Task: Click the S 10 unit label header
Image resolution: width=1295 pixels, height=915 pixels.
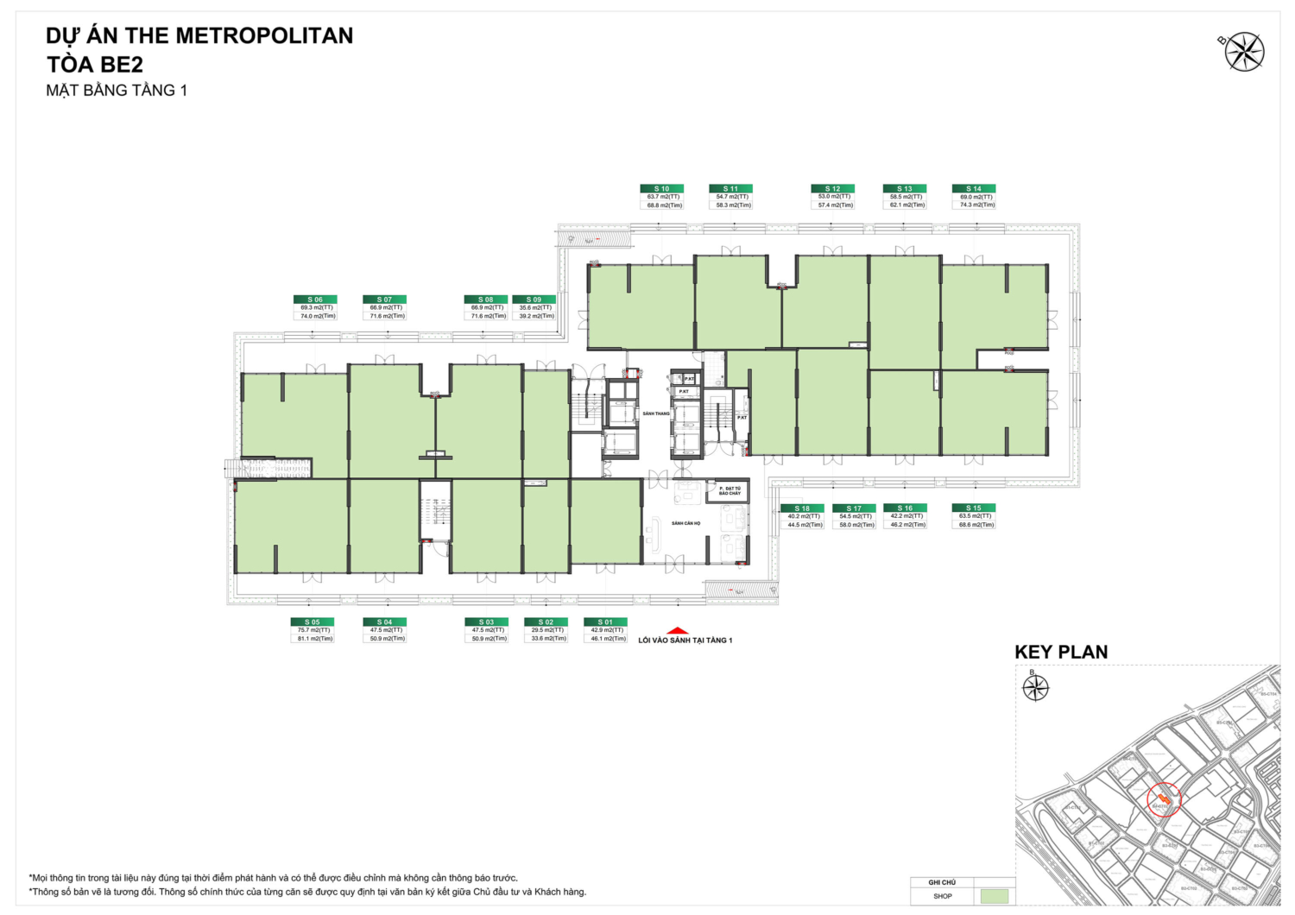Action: pyautogui.click(x=661, y=188)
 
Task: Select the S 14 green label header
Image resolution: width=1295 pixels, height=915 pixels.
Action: pyautogui.click(x=974, y=188)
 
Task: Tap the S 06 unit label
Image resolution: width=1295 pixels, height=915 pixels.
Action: pyautogui.click(x=315, y=300)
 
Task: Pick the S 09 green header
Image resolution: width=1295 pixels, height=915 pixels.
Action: pyautogui.click(x=534, y=300)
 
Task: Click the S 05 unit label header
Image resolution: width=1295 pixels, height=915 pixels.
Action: pyautogui.click(x=312, y=622)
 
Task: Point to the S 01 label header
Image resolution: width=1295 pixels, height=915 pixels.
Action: pyautogui.click(x=605, y=622)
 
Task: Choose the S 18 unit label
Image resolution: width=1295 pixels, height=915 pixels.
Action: pyautogui.click(x=802, y=508)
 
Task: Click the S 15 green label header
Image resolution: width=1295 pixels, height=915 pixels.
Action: pyautogui.click(x=974, y=508)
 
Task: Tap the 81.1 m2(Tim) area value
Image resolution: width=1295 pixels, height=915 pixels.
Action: pyautogui.click(x=315, y=639)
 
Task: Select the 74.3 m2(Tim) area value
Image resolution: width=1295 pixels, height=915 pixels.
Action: pyautogui.click(x=977, y=205)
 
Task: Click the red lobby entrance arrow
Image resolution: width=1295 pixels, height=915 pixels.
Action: pyautogui.click(x=679, y=631)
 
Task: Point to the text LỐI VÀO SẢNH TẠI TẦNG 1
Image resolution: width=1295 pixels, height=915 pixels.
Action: pyautogui.click(x=685, y=640)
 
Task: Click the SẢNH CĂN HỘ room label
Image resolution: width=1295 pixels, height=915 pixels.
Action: pyautogui.click(x=686, y=523)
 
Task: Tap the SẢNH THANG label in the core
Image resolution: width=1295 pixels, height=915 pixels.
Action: pyautogui.click(x=656, y=413)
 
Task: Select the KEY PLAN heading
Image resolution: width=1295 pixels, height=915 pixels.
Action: pyautogui.click(x=1061, y=653)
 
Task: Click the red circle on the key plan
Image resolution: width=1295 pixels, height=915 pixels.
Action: pyautogui.click(x=1164, y=799)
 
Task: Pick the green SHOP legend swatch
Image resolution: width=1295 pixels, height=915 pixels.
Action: pyautogui.click(x=995, y=897)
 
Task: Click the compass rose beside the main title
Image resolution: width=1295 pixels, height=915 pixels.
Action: pyautogui.click(x=1244, y=52)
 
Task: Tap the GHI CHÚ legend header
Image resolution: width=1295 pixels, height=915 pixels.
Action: pyautogui.click(x=942, y=882)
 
